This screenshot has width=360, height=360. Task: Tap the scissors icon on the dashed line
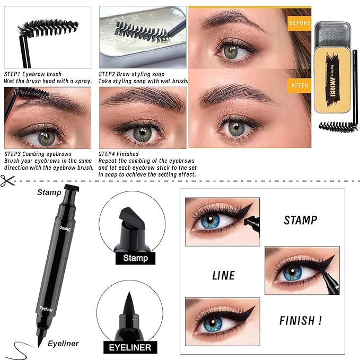[x=7, y=180]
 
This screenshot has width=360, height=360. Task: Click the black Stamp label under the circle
[x=135, y=259]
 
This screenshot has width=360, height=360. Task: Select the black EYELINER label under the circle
[x=130, y=348]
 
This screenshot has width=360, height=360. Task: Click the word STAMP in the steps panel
[x=300, y=220]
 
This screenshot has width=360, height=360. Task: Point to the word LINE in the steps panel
[x=223, y=275]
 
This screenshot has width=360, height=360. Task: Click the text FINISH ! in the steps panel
[x=300, y=320]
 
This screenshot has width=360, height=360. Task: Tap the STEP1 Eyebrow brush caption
[x=33, y=74]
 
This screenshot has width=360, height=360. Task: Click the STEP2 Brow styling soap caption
[x=131, y=74]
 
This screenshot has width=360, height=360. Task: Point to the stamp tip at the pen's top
[x=72, y=188]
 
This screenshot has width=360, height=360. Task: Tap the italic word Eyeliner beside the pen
[x=63, y=344]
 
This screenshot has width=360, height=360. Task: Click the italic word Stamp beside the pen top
[x=49, y=192]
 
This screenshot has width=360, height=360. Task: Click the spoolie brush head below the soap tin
[x=338, y=126]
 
